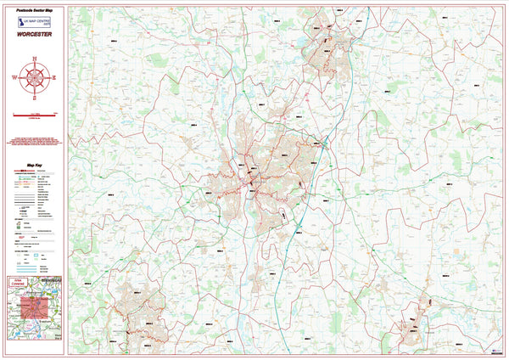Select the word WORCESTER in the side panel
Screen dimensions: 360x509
pyautogui.click(x=34, y=36)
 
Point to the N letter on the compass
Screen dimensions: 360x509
pyautogui.click(x=34, y=58)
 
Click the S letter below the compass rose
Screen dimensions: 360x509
pyautogui.click(x=34, y=98)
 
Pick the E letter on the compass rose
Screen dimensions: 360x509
pyautogui.click(x=54, y=77)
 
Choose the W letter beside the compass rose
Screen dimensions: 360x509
pyautogui.click(x=14, y=77)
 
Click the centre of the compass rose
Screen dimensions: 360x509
pyautogui.click(x=34, y=77)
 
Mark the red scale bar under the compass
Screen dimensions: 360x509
pyautogui.click(x=34, y=114)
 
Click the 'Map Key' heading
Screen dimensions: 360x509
pyautogui.click(x=34, y=167)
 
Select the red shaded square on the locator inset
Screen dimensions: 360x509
pyautogui.click(x=33, y=307)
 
